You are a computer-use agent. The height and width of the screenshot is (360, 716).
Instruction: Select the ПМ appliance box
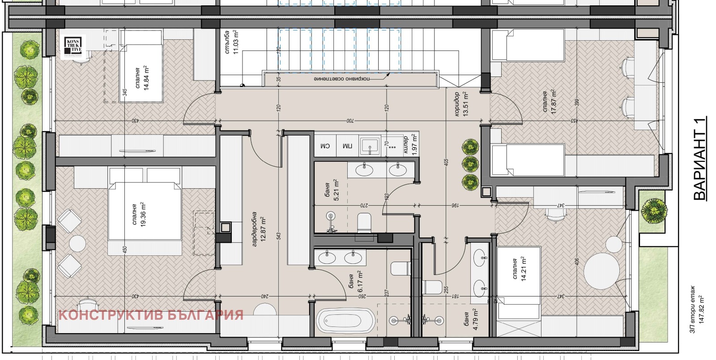pyautogui.click(x=347, y=146)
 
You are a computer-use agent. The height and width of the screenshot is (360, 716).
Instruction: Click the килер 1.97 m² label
pyautogui.click(x=409, y=146)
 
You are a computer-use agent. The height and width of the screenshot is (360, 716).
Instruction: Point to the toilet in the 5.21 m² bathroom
pyautogui.click(x=365, y=223)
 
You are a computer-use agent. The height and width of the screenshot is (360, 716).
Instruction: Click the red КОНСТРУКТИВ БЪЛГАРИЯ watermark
pyautogui.click(x=151, y=315)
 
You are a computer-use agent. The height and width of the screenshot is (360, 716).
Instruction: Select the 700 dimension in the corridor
pyautogui.click(x=349, y=121)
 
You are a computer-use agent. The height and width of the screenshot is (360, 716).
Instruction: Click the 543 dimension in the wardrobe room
pyautogui.click(x=279, y=236)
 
